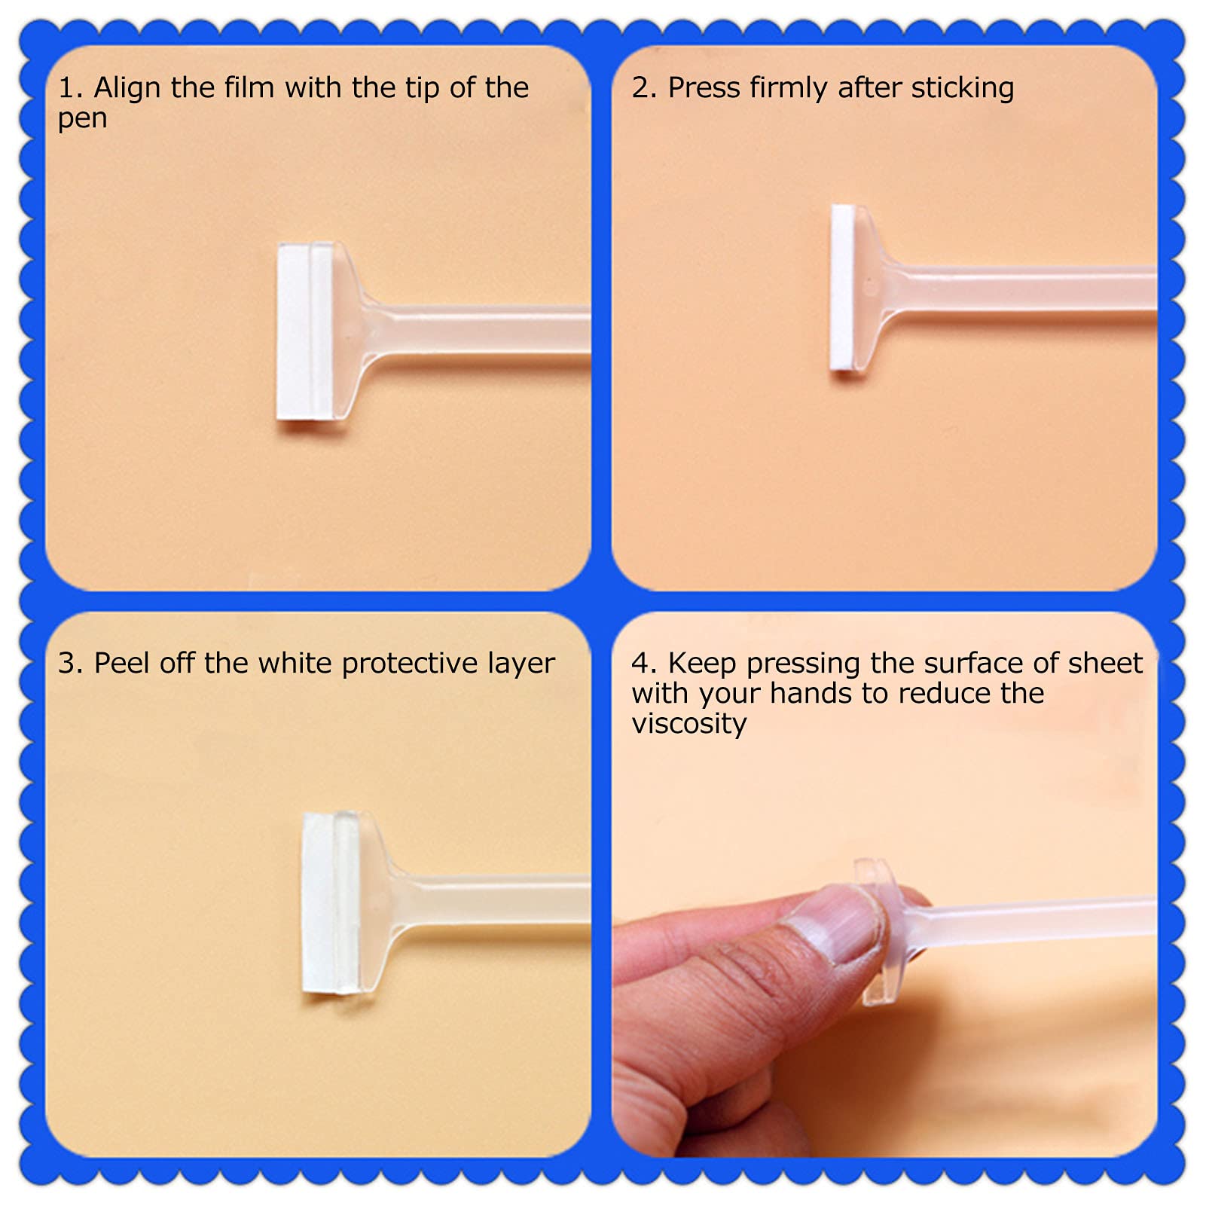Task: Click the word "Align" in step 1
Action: click(127, 89)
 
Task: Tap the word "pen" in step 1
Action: click(82, 120)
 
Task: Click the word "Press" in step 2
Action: click(704, 87)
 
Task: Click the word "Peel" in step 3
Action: click(121, 663)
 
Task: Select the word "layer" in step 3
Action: click(521, 664)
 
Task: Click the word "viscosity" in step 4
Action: click(689, 724)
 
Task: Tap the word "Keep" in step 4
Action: click(703, 664)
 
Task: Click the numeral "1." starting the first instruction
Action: click(71, 88)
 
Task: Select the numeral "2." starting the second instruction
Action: click(645, 88)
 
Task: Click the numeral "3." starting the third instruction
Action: click(71, 664)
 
